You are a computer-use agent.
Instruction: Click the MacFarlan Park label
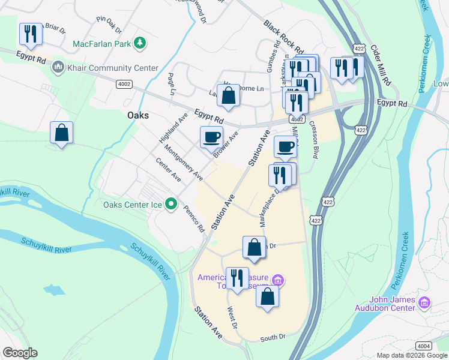click(x=101, y=44)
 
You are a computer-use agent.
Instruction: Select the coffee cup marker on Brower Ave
click(x=211, y=137)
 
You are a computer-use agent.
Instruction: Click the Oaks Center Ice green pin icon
click(x=170, y=205)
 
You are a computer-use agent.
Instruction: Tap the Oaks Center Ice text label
click(x=132, y=205)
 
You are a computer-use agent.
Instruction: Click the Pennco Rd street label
click(x=194, y=220)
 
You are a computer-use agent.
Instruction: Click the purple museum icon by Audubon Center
click(x=425, y=303)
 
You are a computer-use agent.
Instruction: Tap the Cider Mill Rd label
click(x=381, y=64)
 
